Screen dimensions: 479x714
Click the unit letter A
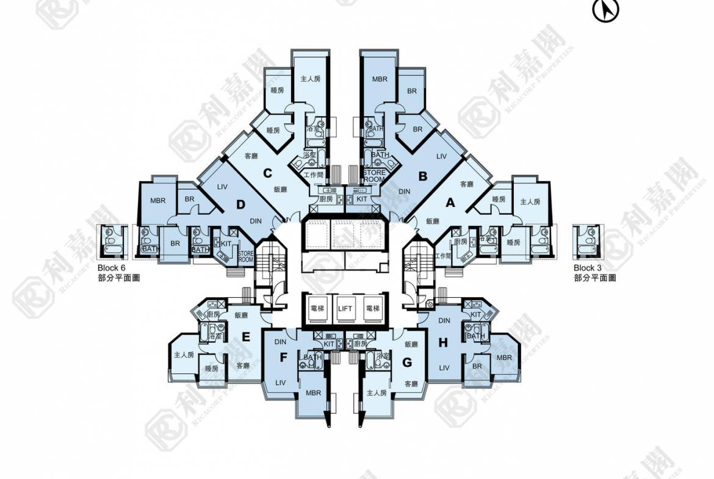(451, 204)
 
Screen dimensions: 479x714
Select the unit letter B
(422, 176)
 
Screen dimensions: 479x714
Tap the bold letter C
(267, 173)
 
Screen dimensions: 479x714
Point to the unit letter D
(241, 204)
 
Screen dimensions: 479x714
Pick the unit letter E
(246, 337)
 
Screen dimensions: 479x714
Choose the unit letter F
(283, 358)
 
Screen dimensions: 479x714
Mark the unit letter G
(408, 362)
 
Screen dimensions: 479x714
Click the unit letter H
(443, 343)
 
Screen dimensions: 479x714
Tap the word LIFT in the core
(346, 309)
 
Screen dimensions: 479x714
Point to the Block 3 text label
(588, 268)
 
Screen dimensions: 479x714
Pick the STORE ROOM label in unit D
(246, 256)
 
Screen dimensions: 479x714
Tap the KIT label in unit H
(476, 314)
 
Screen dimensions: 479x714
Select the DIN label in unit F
(281, 342)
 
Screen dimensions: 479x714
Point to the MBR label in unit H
(504, 357)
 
